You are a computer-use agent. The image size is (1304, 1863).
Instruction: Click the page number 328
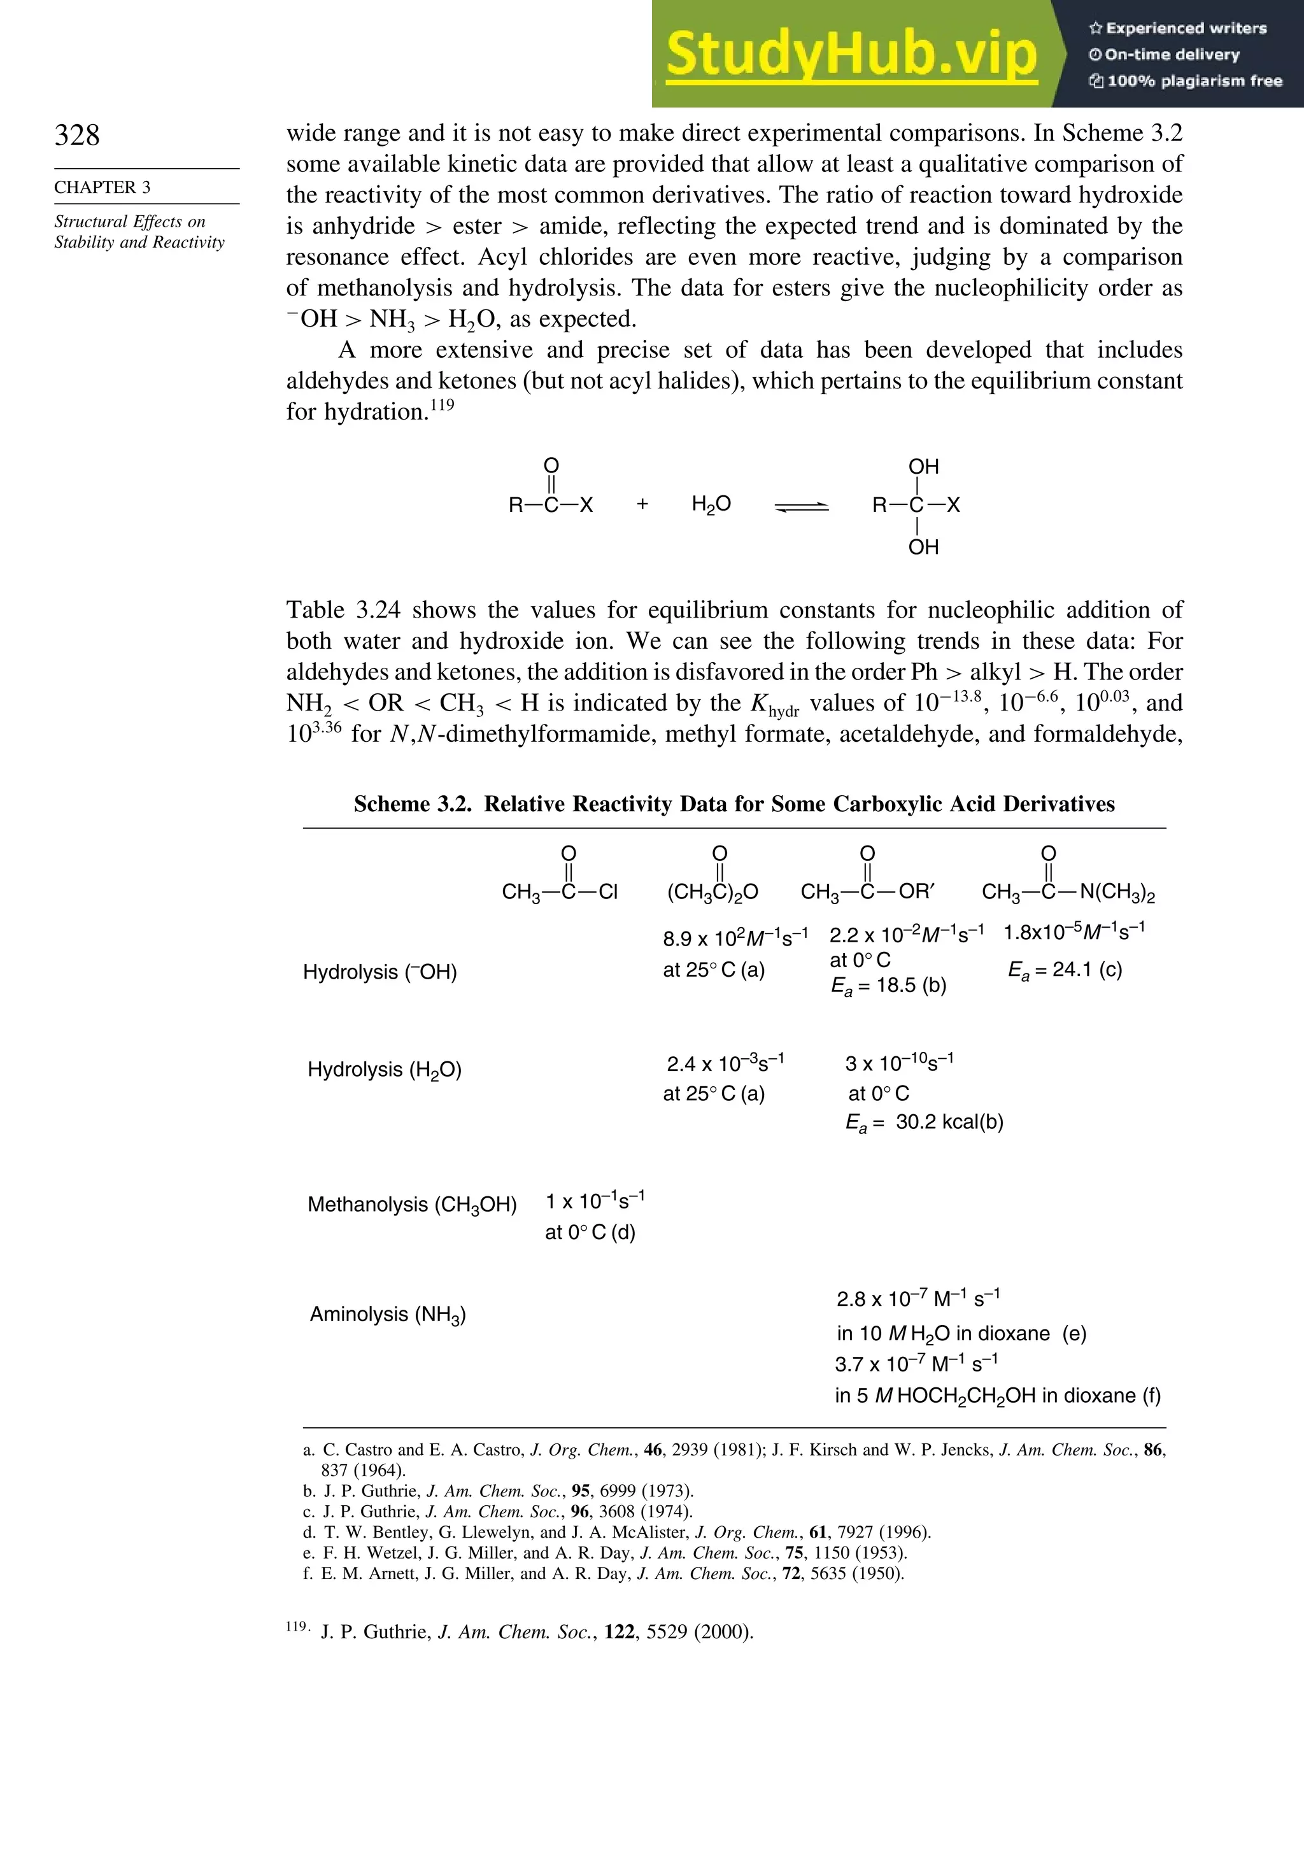(77, 135)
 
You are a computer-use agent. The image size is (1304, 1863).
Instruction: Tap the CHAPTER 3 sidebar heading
(103, 187)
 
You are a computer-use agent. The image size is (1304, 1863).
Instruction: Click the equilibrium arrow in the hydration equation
(802, 507)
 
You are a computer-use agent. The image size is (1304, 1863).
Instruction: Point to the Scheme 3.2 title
(733, 804)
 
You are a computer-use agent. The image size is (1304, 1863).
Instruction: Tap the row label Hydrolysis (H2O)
(384, 1070)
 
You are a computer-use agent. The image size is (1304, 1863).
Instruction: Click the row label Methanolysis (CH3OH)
(411, 1205)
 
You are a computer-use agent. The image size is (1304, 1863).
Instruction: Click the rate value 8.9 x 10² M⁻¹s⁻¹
(734, 939)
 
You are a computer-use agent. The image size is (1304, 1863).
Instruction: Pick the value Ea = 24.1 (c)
(1065, 970)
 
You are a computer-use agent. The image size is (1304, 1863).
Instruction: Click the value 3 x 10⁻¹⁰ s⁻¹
(899, 1063)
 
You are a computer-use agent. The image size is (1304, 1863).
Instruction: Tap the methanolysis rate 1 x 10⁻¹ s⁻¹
(595, 1201)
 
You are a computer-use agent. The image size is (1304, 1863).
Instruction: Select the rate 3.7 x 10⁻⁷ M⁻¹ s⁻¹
(916, 1364)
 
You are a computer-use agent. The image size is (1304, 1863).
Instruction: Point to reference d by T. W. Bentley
(617, 1533)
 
